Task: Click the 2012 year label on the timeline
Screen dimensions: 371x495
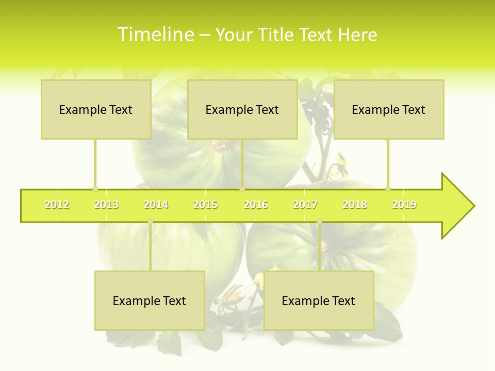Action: tap(57, 205)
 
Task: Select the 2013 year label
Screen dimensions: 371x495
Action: tap(106, 205)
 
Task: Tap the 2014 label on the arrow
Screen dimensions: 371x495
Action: tap(156, 205)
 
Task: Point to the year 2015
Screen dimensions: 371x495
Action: tap(205, 205)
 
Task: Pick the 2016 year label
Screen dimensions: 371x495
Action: tap(256, 205)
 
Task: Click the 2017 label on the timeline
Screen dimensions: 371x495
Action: tap(305, 205)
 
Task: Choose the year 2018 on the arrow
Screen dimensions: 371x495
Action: tap(355, 205)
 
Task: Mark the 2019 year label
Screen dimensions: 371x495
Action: tap(404, 205)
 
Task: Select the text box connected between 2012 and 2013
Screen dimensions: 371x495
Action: tap(96, 109)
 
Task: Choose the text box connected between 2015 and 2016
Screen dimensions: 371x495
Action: tap(242, 109)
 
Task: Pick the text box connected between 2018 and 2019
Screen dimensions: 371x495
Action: tap(389, 109)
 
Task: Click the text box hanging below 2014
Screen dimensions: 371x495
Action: tap(150, 300)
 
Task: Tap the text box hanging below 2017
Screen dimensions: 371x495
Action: tap(319, 300)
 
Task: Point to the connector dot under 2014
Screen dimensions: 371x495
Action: tap(150, 222)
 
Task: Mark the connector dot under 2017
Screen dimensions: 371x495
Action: tap(319, 222)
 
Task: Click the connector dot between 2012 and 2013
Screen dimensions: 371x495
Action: tap(95, 189)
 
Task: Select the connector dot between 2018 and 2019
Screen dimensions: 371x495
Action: tap(388, 189)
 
